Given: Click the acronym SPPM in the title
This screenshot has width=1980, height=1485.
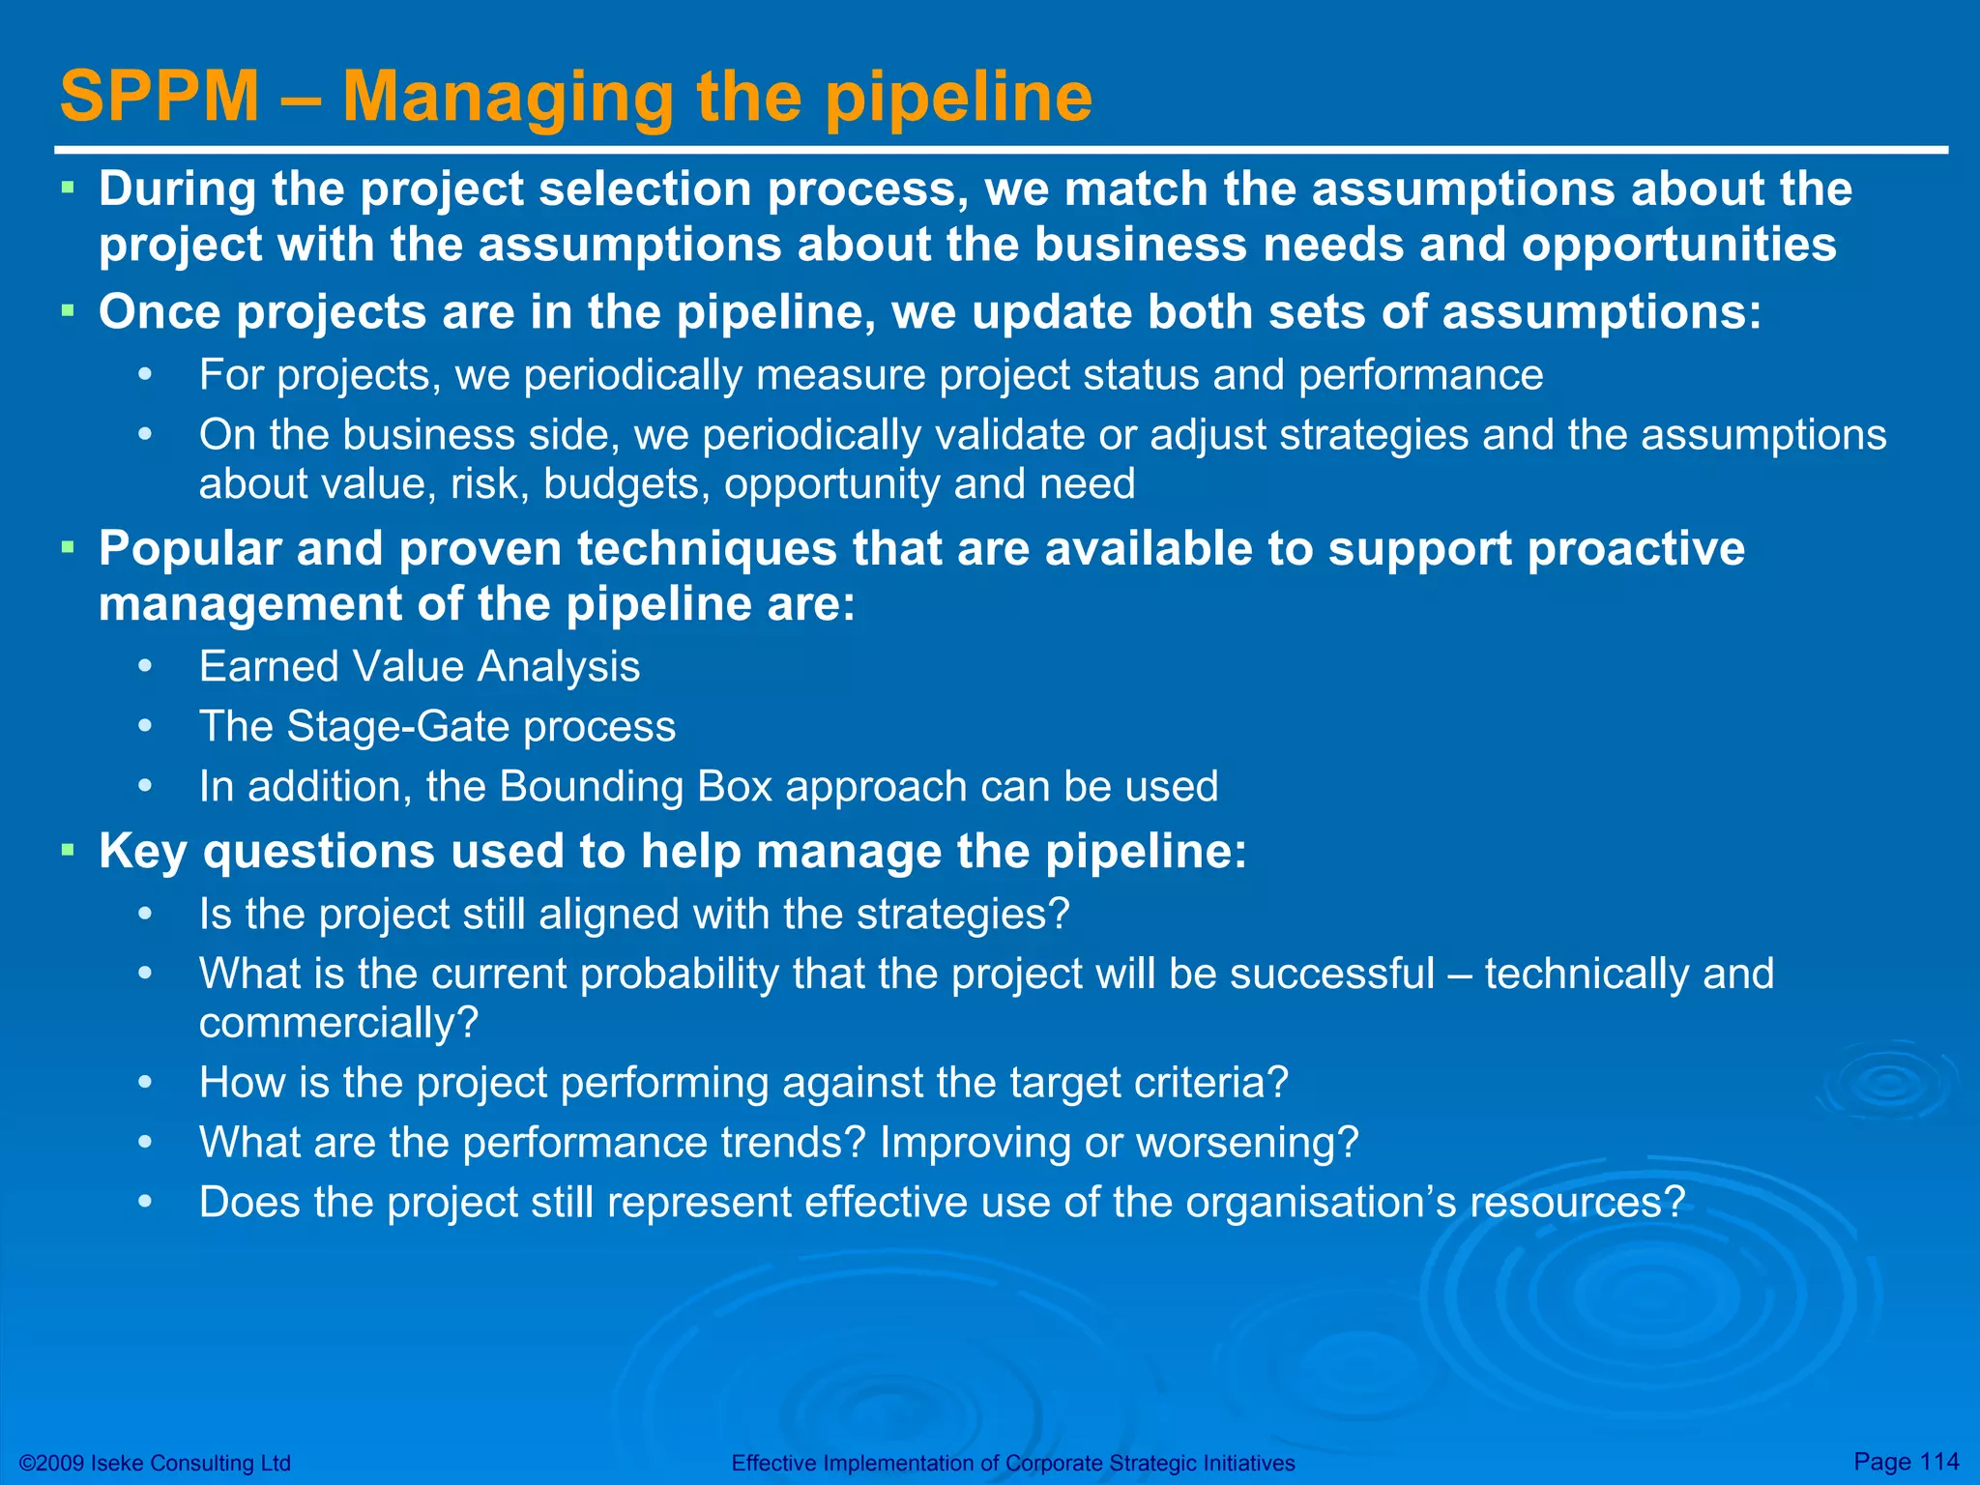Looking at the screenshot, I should [160, 97].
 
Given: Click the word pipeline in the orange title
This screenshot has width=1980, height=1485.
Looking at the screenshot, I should [959, 97].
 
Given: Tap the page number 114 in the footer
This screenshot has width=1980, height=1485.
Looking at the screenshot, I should [1938, 1461].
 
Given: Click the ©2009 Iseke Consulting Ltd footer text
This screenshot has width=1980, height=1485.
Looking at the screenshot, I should [155, 1463].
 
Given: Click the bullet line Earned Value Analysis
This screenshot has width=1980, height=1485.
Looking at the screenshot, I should [419, 667].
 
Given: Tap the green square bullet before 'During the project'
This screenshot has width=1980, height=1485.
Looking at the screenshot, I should [68, 184].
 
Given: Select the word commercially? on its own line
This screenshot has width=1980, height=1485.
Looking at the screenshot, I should [338, 1023].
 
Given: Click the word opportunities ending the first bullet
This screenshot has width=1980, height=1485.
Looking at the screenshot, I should [1678, 245].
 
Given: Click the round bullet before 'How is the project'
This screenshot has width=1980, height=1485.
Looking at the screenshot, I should [145, 1083].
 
